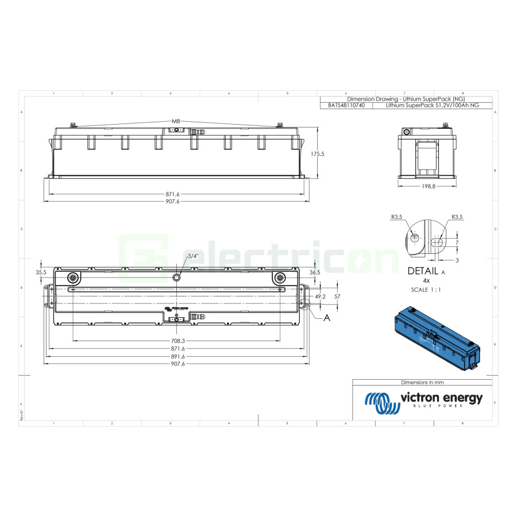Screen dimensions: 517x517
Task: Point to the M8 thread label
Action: pos(176,121)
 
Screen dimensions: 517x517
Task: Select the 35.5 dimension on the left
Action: pos(40,272)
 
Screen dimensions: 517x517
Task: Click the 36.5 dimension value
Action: pos(314,272)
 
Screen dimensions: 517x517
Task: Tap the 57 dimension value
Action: pos(338,296)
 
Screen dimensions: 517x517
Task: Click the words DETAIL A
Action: pos(426,271)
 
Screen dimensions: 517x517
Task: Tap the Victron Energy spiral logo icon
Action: pos(380,403)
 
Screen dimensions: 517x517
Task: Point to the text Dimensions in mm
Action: pos(422,382)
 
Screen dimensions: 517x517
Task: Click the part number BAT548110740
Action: pos(346,106)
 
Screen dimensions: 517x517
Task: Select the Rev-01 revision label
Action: pos(21,415)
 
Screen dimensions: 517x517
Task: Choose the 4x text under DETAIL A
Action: pos(426,280)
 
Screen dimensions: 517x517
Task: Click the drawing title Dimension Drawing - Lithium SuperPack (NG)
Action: pos(406,99)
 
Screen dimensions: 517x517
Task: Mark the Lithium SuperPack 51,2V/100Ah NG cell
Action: pos(431,106)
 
